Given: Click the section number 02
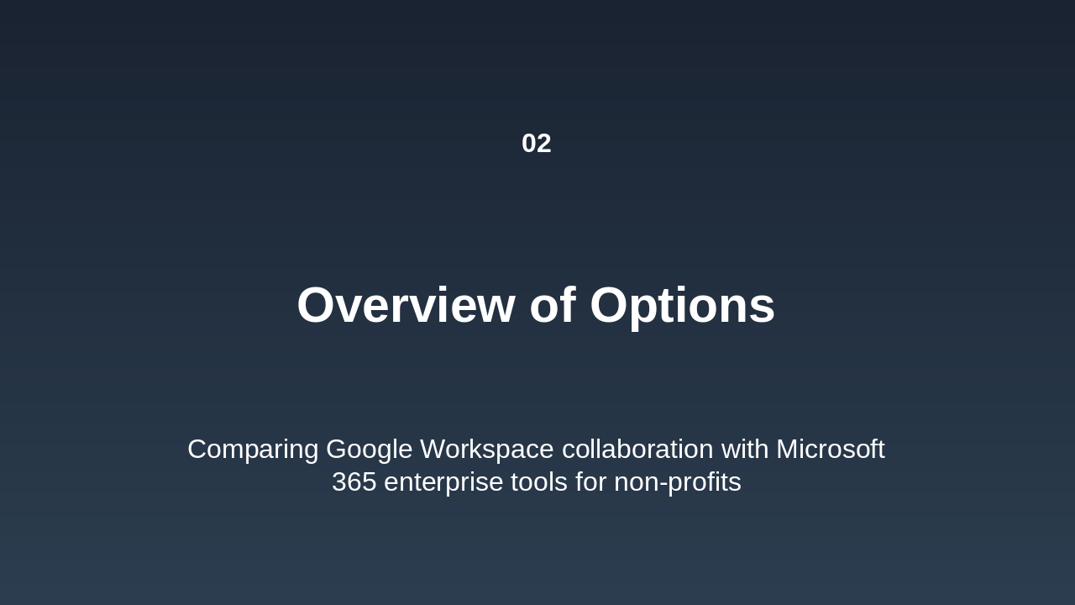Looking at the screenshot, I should [536, 144].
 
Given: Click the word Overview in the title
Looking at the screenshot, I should [406, 305].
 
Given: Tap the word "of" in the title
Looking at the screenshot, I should [552, 305].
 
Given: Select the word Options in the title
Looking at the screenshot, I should [682, 305].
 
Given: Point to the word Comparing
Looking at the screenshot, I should [253, 450].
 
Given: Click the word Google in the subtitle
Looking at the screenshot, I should [370, 450].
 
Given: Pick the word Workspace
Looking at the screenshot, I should [487, 450].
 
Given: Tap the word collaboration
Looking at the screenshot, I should [637, 450].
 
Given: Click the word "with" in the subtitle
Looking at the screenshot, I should [745, 450].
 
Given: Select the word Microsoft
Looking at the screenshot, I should [830, 450].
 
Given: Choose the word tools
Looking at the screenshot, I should [543, 482].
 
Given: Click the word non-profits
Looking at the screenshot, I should [677, 482].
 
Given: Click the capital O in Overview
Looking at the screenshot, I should [317, 305].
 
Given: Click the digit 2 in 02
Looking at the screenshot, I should [543, 144].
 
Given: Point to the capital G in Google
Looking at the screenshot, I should [337, 450].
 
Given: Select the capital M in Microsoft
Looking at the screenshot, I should [788, 450].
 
